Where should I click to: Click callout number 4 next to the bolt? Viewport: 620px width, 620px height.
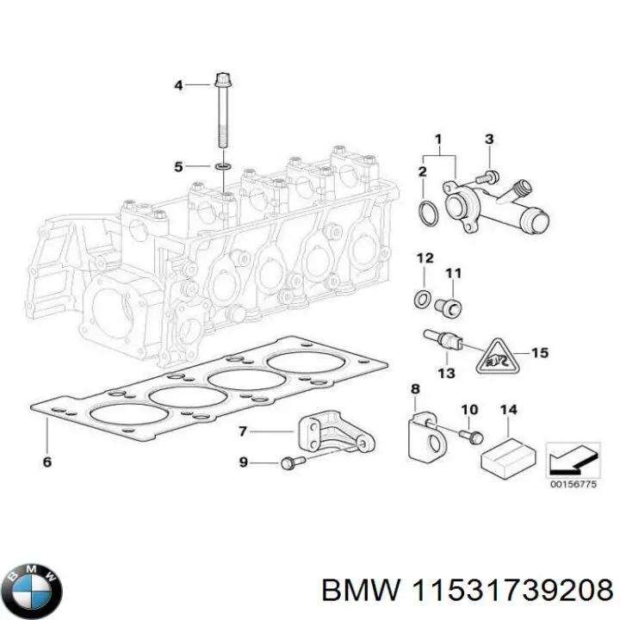(x=178, y=84)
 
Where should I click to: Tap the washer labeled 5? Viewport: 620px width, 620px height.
(x=222, y=165)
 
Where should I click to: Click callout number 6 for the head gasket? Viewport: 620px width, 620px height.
(x=46, y=462)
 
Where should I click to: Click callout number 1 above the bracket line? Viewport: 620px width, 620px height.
(x=437, y=139)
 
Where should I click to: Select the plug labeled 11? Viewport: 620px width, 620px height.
(x=449, y=303)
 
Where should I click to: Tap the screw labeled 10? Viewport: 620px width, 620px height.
(x=471, y=436)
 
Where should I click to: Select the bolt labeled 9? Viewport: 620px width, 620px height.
(x=289, y=463)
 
